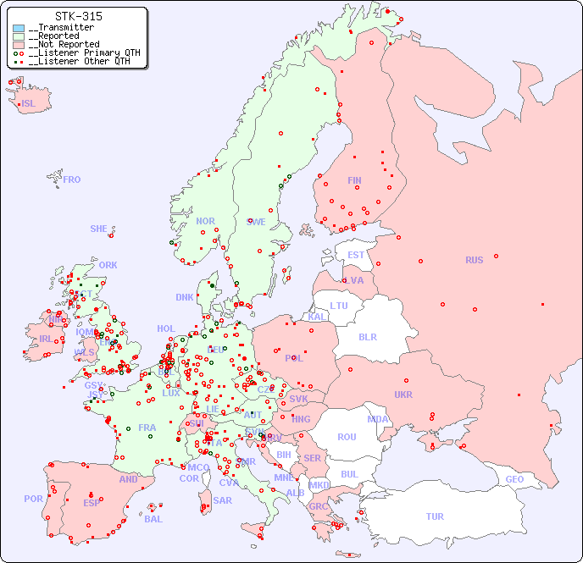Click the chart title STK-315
coord(78,16)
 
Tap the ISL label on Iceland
coord(29,104)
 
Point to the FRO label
coord(72,179)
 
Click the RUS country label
coord(474,260)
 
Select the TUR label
coord(435,516)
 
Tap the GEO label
coord(514,479)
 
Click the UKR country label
coord(403,395)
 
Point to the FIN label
coord(354,180)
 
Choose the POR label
coord(33,499)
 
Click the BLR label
coord(367,336)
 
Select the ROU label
coord(347,437)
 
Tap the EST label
coord(356,255)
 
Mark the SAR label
coord(222,500)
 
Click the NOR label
coord(205,221)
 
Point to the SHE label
coord(99,229)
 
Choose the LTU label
coord(339,306)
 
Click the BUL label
coord(349,474)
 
